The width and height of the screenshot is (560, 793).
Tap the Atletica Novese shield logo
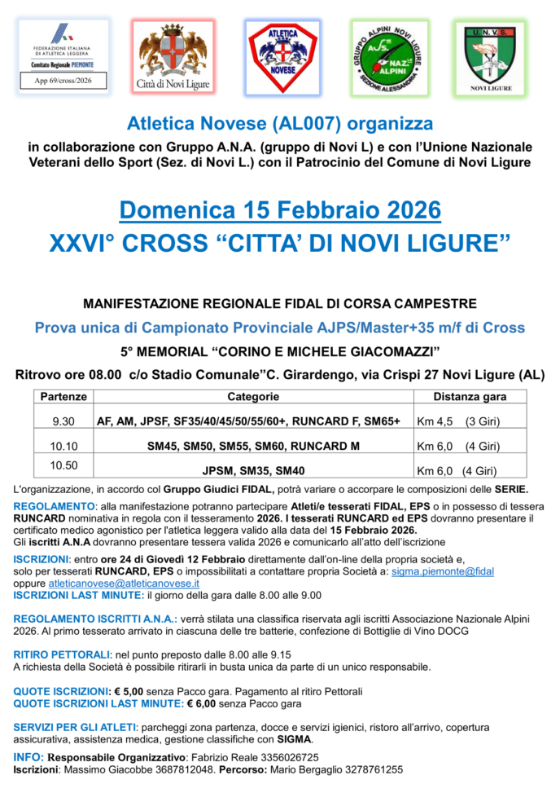click(x=282, y=55)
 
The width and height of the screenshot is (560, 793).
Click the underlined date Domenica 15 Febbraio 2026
click(x=279, y=209)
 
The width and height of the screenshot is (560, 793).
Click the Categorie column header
click(x=252, y=397)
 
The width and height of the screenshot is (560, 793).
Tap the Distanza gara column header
click(x=469, y=397)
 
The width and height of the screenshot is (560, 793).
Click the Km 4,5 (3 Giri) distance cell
click(x=457, y=422)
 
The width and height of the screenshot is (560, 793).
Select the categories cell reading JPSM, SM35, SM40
click(x=252, y=471)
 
